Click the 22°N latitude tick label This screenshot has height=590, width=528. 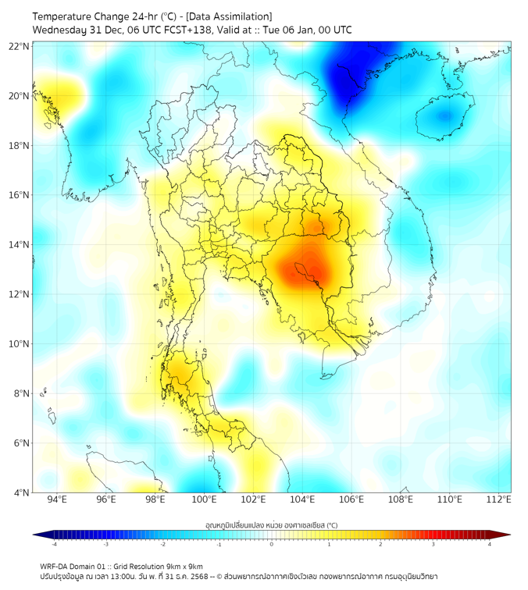click(20, 46)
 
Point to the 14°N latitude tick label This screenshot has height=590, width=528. click(20, 244)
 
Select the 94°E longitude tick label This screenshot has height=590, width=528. click(57, 499)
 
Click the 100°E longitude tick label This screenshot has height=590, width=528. click(205, 499)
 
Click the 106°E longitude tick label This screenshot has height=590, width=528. click(351, 499)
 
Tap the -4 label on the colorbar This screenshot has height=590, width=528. click(54, 544)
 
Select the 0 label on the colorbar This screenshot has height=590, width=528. click(272, 544)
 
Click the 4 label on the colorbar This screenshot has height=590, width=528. click(490, 544)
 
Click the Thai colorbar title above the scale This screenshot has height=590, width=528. click(271, 525)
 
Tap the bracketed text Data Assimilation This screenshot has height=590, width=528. click(234, 16)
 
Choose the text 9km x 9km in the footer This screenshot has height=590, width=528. click(181, 567)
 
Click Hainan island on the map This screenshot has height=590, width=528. click(442, 119)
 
